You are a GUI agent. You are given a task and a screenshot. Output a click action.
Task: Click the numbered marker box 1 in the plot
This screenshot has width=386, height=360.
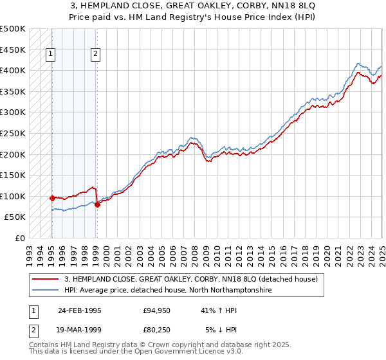click(50, 55)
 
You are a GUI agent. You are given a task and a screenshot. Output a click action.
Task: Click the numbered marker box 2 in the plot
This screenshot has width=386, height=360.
click(95, 55)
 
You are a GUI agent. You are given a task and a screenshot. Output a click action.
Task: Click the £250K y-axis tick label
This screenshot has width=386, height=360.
click(13, 134)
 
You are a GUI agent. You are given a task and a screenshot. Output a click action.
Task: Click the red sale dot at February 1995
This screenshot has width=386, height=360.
click(52, 198)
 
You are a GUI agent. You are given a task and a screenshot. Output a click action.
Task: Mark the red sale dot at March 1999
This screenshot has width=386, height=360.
click(97, 204)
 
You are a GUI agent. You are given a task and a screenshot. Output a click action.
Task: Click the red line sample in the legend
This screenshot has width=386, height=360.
click(45, 279)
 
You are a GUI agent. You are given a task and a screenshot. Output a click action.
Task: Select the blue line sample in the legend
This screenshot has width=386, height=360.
click(45, 290)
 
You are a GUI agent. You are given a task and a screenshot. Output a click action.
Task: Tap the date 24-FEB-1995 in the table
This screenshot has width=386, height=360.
click(79, 310)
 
